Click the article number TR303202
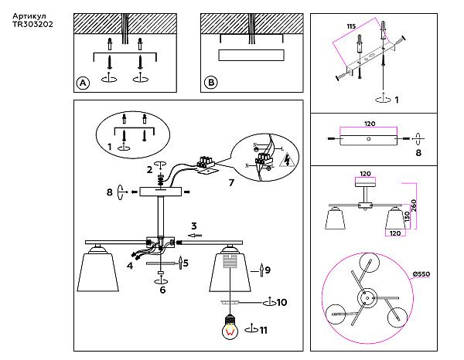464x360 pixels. pyautogui.click(x=32, y=24)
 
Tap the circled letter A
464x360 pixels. pyautogui.click(x=83, y=83)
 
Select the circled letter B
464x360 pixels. pyautogui.click(x=211, y=82)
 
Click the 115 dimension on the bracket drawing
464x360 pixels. pyautogui.click(x=351, y=26)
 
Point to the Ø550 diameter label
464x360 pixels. pyautogui.click(x=421, y=274)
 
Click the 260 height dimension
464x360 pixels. pyautogui.click(x=414, y=205)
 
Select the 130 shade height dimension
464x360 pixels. pyautogui.click(x=408, y=216)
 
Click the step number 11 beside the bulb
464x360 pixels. pyautogui.click(x=264, y=330)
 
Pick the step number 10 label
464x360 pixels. pyautogui.click(x=281, y=302)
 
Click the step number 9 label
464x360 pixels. pyautogui.click(x=268, y=270)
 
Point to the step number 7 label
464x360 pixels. pyautogui.click(x=231, y=182)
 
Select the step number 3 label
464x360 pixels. pyautogui.click(x=194, y=226)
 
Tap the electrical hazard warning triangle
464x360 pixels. pyautogui.click(x=287, y=160)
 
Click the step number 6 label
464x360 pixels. pyautogui.click(x=162, y=290)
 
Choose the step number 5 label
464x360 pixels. pyautogui.click(x=186, y=263)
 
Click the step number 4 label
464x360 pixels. pyautogui.click(x=130, y=266)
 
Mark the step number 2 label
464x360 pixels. pyautogui.click(x=150, y=170)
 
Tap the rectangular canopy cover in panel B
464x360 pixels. pyautogui.click(x=251, y=55)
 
